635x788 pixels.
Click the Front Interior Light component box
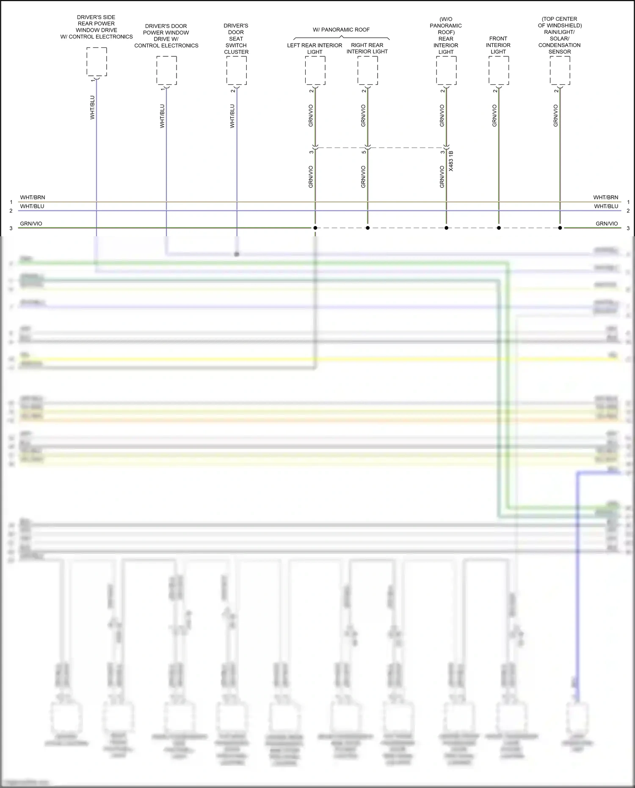[498, 71]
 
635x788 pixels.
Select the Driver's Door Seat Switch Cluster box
[236, 71]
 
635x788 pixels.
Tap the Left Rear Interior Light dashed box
[315, 71]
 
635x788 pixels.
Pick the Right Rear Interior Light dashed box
[367, 71]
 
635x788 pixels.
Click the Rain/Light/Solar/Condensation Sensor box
[560, 71]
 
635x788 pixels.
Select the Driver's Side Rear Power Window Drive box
[97, 62]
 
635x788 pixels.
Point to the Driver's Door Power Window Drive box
[166, 71]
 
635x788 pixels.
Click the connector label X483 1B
[451, 161]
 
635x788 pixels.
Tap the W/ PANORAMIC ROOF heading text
[341, 30]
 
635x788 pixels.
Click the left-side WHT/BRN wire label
[33, 198]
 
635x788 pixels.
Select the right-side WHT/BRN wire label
[605, 198]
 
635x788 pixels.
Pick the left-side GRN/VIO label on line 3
[31, 224]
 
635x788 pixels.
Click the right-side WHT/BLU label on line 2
[606, 207]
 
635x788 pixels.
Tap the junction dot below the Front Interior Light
[499, 228]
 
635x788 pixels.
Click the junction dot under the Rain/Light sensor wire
[560, 228]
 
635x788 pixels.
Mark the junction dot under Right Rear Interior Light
[367, 228]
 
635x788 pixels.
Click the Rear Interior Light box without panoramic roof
[446, 71]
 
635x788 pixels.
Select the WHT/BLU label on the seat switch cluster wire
[232, 116]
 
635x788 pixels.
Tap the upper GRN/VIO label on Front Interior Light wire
[494, 116]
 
